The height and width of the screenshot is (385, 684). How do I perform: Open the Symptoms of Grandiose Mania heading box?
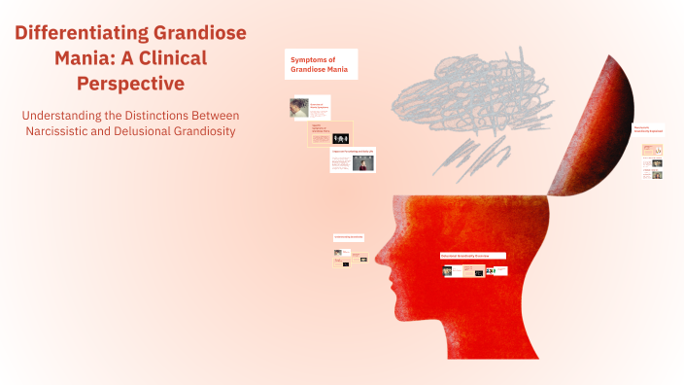pyautogui.click(x=321, y=64)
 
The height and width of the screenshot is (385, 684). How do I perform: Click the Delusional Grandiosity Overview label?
pyautogui.click(x=472, y=256)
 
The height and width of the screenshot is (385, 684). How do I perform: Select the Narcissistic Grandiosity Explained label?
pyautogui.click(x=648, y=128)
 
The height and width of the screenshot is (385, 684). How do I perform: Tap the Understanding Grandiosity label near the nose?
pyautogui.click(x=348, y=237)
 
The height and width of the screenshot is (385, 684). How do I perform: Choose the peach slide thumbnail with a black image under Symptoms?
pyautogui.click(x=330, y=135)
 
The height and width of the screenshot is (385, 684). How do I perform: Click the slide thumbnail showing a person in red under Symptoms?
pyautogui.click(x=353, y=161)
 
